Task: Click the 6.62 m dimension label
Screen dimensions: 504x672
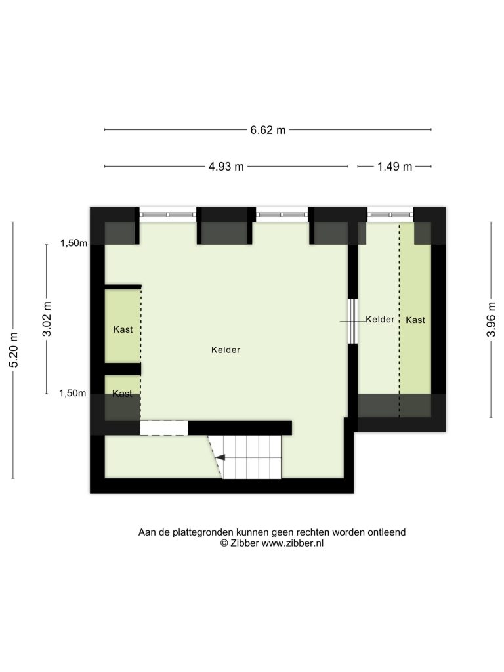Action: tap(268, 130)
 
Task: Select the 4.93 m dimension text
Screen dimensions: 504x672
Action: tap(226, 167)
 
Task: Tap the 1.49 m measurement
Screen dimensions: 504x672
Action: tap(394, 167)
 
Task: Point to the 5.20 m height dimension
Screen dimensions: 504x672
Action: tap(14, 350)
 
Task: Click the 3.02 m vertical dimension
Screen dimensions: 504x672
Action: tap(47, 319)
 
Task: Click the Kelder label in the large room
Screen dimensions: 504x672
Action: tap(226, 350)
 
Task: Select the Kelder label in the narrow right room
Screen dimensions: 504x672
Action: tap(380, 320)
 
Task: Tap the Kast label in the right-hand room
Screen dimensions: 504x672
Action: tap(415, 320)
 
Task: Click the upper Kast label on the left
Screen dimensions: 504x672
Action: tap(123, 329)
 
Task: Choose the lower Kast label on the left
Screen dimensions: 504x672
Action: tap(122, 394)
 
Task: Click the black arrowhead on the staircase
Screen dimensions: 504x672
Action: tap(220, 457)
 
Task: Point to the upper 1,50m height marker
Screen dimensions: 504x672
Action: tap(73, 243)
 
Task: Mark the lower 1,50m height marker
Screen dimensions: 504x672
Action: tap(72, 393)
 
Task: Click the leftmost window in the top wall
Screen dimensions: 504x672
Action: tap(168, 214)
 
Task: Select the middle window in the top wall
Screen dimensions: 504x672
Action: tap(282, 214)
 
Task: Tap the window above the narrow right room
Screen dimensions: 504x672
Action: tap(390, 214)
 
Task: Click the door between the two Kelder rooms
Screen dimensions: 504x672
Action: tap(352, 321)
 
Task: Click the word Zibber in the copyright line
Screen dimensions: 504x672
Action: tap(245, 543)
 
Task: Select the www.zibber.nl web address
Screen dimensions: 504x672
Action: tap(293, 543)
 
